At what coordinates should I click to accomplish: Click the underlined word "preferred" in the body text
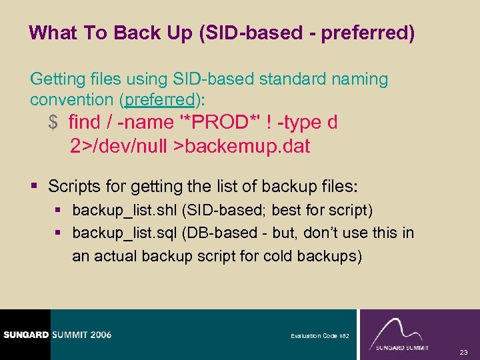click(162, 100)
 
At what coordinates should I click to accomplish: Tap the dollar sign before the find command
click(53, 123)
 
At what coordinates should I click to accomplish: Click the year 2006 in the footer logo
click(97, 335)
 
